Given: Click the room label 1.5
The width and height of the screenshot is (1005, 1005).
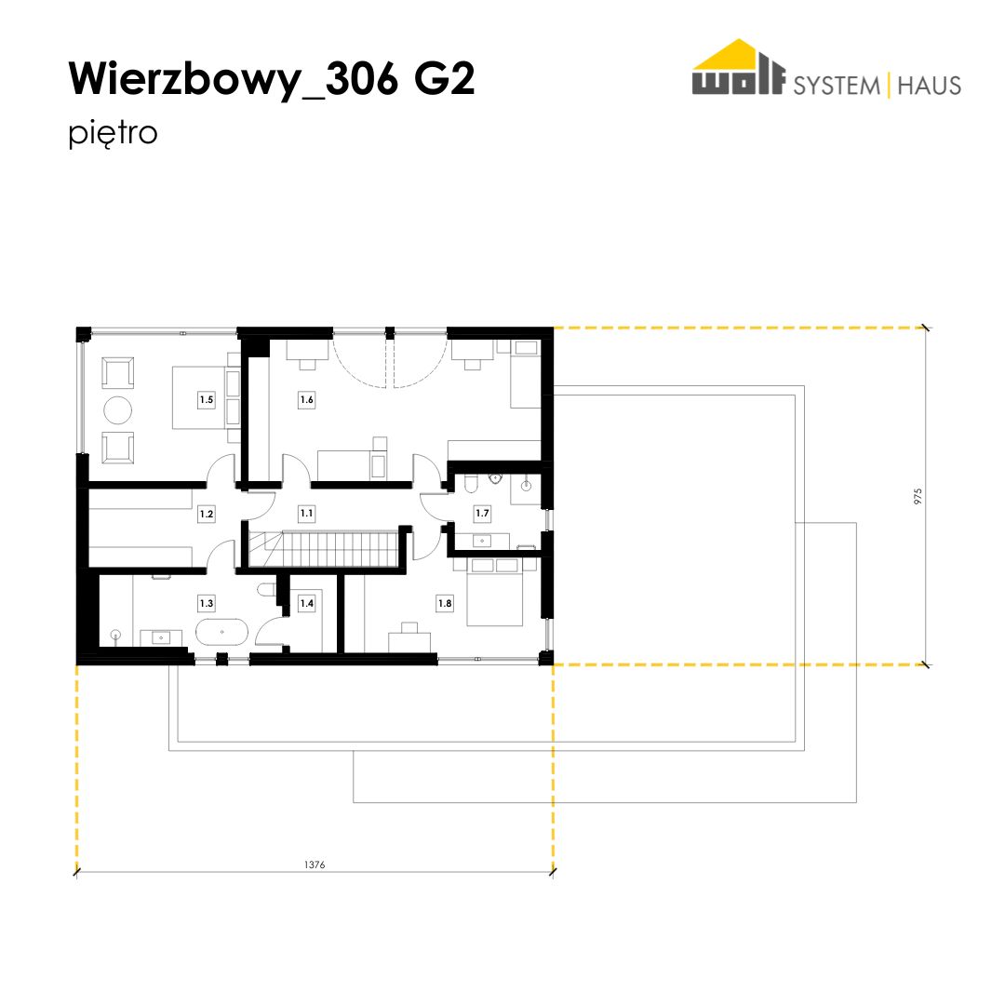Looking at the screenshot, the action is (207, 400).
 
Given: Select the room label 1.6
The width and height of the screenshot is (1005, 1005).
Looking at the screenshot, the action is (307, 400).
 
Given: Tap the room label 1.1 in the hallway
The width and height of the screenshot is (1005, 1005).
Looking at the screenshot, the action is (307, 514).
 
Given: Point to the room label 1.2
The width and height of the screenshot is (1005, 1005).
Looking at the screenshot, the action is (207, 514).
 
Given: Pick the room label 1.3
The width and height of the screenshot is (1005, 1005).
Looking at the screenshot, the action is (207, 604).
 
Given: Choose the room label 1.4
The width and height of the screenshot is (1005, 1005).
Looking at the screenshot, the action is (307, 604).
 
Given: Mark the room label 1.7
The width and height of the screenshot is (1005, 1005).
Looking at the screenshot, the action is (482, 514).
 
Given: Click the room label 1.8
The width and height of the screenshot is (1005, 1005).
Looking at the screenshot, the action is (445, 604).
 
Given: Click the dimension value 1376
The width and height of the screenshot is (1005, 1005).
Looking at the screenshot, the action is (315, 865).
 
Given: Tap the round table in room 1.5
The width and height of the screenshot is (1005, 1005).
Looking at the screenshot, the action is (118, 410).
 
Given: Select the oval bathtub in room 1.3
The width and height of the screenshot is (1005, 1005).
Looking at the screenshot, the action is (221, 632).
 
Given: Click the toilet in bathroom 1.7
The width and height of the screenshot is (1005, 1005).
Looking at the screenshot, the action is (471, 484).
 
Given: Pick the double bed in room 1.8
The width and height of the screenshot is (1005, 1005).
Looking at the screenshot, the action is (495, 592).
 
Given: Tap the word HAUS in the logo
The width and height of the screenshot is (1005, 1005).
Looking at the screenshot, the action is (930, 86).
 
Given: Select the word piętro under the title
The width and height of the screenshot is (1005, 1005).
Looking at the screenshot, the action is (113, 134).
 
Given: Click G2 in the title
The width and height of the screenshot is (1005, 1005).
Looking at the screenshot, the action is (444, 79).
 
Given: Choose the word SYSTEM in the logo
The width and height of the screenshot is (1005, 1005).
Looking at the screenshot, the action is (837, 86).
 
